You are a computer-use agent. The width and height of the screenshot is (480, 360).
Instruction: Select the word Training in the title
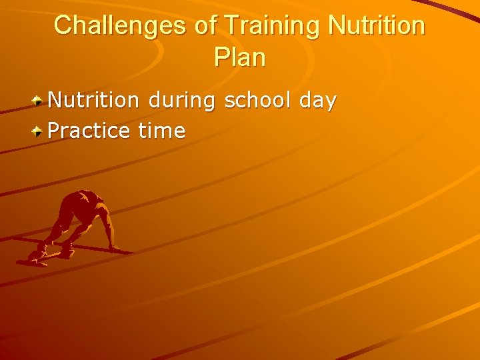[273, 26]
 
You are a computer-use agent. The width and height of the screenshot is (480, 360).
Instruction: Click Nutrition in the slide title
[376, 26]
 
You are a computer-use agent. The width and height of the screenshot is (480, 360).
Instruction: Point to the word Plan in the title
[240, 57]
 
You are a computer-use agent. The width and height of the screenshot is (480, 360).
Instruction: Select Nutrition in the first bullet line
[94, 101]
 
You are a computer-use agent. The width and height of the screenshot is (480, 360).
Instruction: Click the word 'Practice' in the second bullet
[89, 131]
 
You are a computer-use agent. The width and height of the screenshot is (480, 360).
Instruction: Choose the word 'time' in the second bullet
[161, 131]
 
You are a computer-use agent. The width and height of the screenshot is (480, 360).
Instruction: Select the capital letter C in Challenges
[63, 26]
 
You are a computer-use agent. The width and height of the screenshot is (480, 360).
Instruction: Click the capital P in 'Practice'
[55, 131]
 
